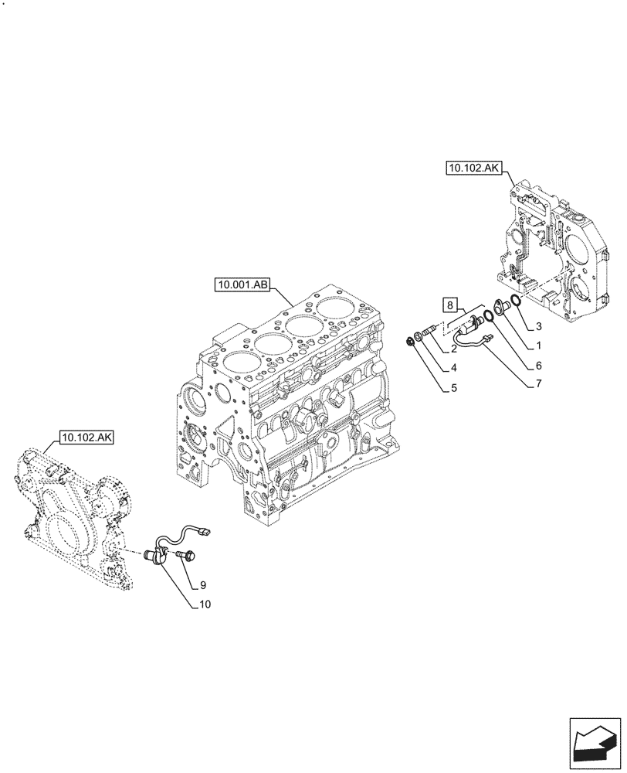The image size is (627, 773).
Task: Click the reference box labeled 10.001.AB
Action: point(242,286)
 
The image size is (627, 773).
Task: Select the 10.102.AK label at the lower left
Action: point(85,438)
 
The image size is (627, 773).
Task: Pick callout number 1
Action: point(538,346)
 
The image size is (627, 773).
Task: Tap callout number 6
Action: point(538,365)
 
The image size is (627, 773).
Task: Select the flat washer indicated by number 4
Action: point(419,335)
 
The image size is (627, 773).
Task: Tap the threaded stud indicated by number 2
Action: point(431,330)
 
